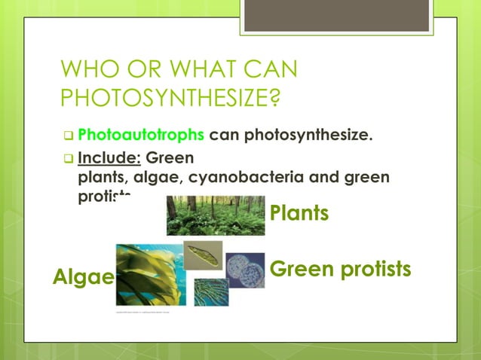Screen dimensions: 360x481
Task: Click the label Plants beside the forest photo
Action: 299,213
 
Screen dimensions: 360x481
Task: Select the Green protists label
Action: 340,269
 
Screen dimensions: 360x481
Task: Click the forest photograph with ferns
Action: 216,215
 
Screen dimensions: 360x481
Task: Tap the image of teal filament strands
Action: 211,292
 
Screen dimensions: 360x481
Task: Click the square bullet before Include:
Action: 68,159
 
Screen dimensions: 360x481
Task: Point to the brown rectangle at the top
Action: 336,16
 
